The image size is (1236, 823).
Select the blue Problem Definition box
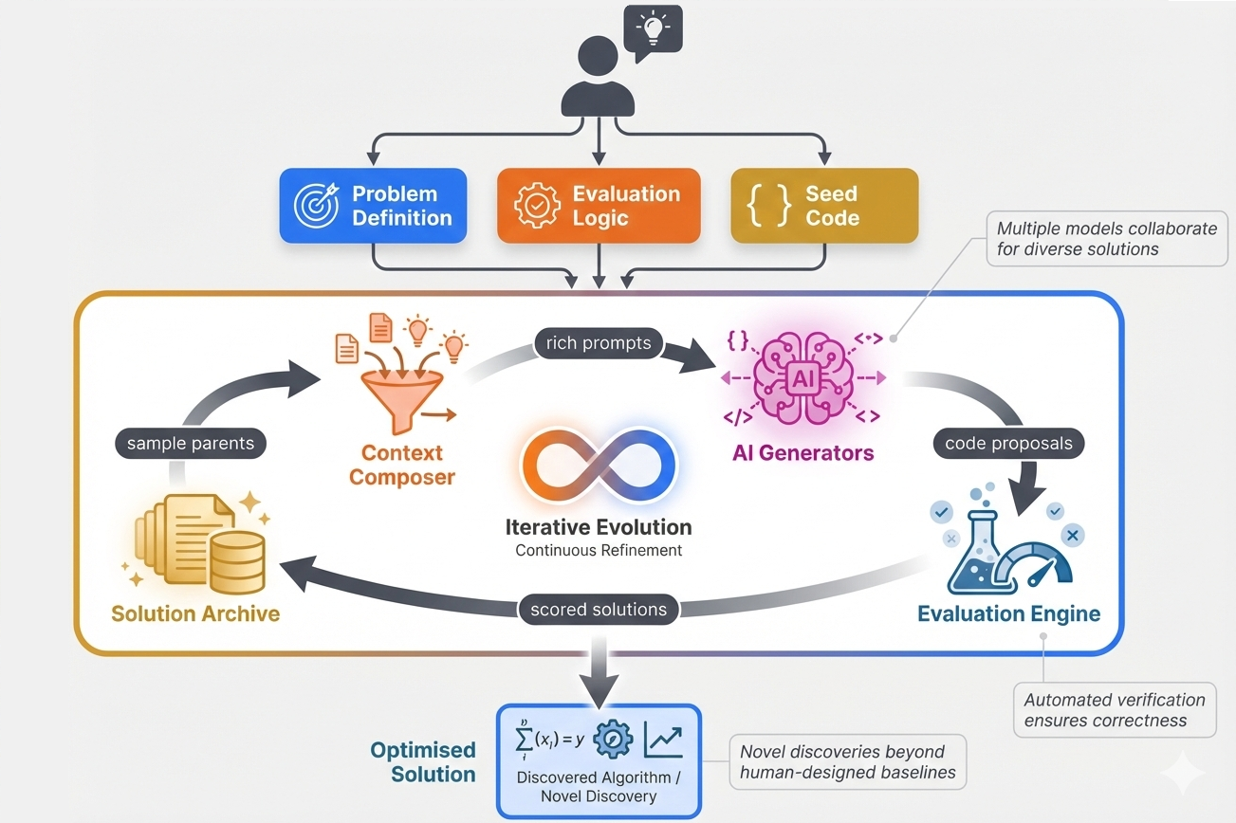[373, 206]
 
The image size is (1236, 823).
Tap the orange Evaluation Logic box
[599, 206]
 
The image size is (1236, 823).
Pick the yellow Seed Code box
[824, 206]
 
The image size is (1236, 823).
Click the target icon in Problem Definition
[317, 207]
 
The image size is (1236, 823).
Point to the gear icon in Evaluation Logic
[537, 207]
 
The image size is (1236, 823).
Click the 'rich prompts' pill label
[599, 343]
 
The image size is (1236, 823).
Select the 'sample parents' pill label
[191, 444]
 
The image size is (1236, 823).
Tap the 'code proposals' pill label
[1008, 443]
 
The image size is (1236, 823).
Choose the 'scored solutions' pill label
[600, 610]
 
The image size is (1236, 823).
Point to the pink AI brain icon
[802, 378]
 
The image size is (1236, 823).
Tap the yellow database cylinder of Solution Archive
[236, 561]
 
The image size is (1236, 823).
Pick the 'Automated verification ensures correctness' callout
[1115, 709]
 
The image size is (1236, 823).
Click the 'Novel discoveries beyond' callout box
[847, 761]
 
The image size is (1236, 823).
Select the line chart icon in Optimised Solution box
[663, 741]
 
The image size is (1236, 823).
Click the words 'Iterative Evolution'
[599, 527]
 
